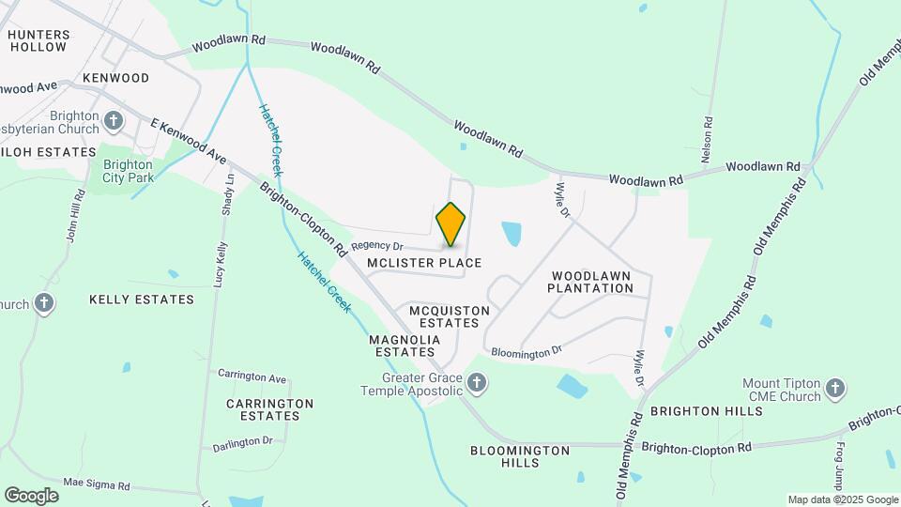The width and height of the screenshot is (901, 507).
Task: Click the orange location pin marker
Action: (x=450, y=223)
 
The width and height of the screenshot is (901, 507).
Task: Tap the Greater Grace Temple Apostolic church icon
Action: (x=477, y=382)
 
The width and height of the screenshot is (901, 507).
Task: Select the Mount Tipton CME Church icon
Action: (x=835, y=388)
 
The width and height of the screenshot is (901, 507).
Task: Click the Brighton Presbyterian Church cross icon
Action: (x=115, y=120)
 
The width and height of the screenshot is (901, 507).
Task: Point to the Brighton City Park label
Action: (x=128, y=170)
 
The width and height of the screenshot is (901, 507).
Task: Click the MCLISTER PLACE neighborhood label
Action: (x=424, y=263)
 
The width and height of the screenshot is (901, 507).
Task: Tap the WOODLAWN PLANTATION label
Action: (x=592, y=282)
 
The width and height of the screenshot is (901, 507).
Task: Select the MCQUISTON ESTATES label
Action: (x=444, y=316)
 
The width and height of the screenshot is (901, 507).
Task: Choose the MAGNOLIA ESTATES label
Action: (x=405, y=346)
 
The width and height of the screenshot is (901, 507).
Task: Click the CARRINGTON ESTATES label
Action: (x=269, y=408)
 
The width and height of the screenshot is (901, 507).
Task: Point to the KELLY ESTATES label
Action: (x=142, y=300)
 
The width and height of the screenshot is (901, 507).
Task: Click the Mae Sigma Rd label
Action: (x=96, y=485)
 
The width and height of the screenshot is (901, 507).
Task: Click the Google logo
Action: (x=31, y=495)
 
